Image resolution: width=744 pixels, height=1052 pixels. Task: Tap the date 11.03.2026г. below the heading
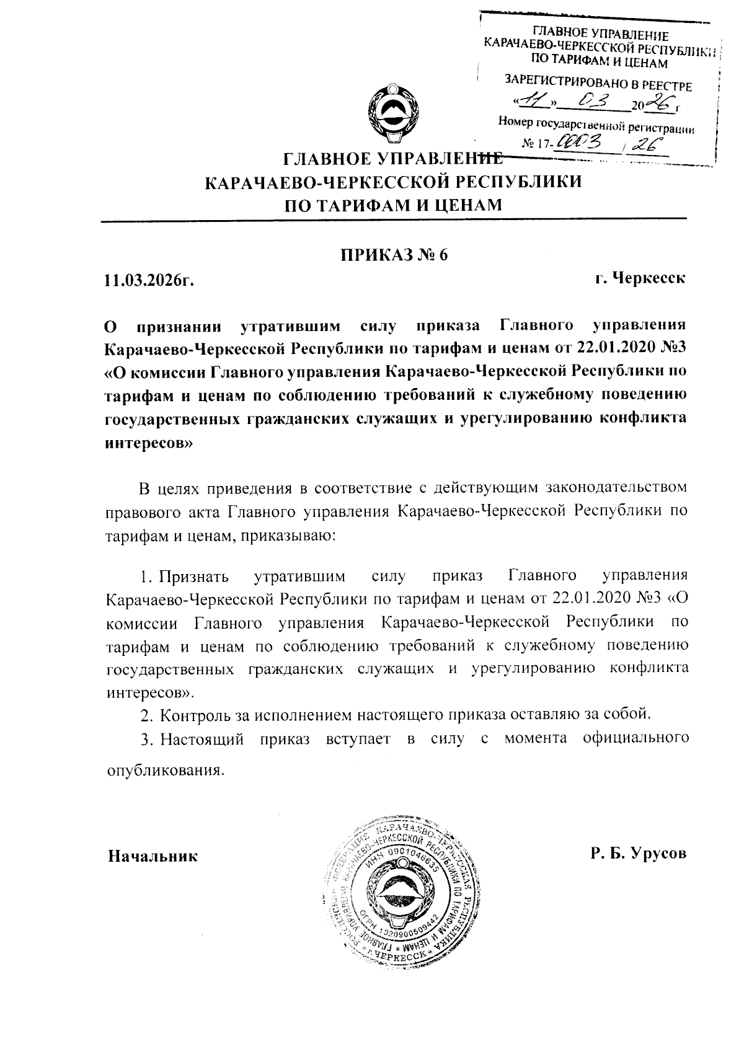(149, 280)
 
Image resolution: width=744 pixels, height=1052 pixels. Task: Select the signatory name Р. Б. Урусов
(639, 854)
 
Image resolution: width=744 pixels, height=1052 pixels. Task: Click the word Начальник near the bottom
(153, 856)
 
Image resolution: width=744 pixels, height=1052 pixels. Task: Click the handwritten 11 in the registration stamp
(532, 100)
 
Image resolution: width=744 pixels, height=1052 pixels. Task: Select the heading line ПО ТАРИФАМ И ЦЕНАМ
(392, 204)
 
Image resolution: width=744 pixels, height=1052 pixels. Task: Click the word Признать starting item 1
(194, 577)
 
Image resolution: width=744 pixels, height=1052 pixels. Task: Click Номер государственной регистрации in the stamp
(596, 126)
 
